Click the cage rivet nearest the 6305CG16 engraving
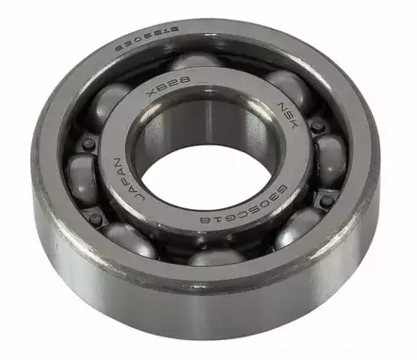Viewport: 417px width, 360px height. pyautogui.click(x=325, y=201)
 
